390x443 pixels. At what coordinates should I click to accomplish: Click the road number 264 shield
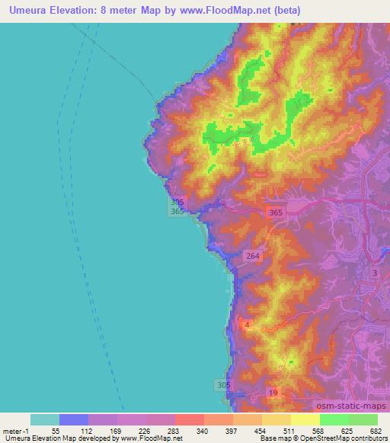tap(253, 257)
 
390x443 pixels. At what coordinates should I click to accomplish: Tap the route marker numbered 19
tap(273, 392)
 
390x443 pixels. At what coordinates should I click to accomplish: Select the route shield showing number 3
tap(375, 272)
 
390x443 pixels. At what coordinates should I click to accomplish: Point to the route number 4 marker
tap(247, 325)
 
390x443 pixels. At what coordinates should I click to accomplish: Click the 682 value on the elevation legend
tap(376, 430)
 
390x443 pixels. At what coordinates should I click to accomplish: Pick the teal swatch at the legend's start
tap(45, 419)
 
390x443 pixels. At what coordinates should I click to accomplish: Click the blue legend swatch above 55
tap(74, 419)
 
